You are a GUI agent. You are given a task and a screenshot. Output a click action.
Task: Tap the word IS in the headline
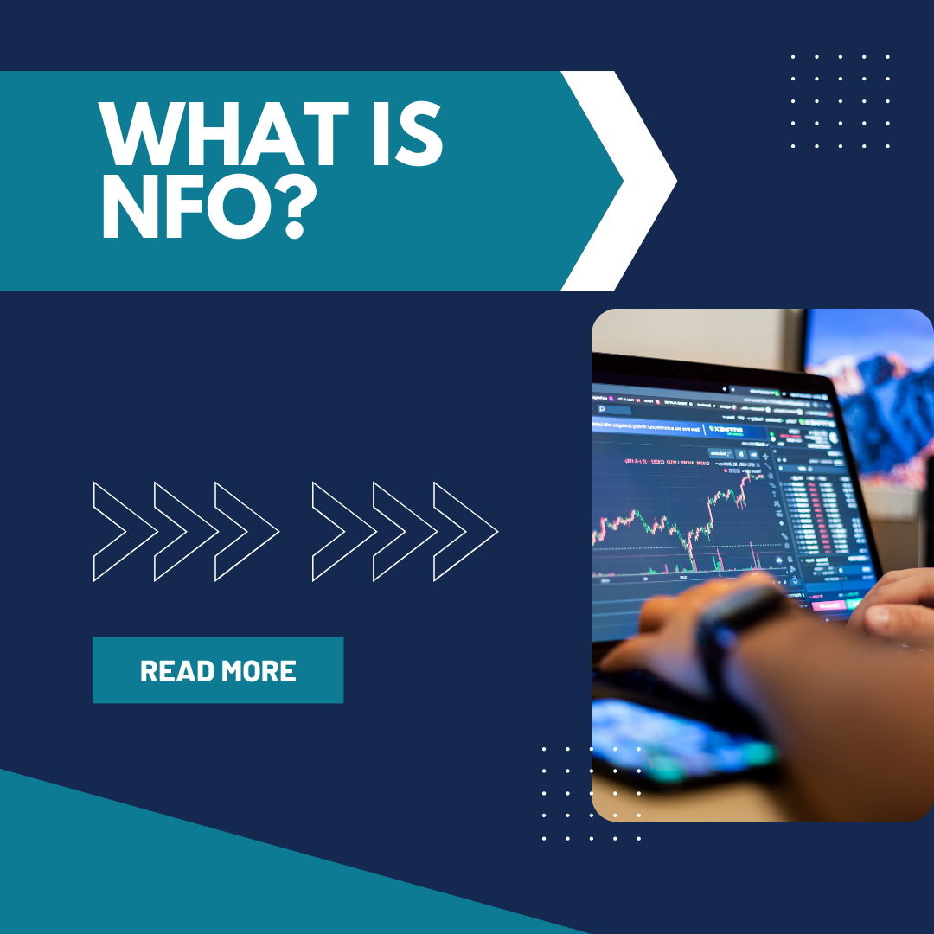coord(406,136)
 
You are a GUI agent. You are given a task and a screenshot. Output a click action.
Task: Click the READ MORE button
coord(218,670)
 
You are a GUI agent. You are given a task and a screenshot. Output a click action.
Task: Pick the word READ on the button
coord(177,671)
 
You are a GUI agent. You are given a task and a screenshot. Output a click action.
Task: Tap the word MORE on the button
coord(259,671)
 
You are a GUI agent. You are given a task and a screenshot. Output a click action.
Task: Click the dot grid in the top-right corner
coord(840,100)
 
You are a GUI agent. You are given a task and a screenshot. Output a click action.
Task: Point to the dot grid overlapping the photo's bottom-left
coord(592,793)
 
